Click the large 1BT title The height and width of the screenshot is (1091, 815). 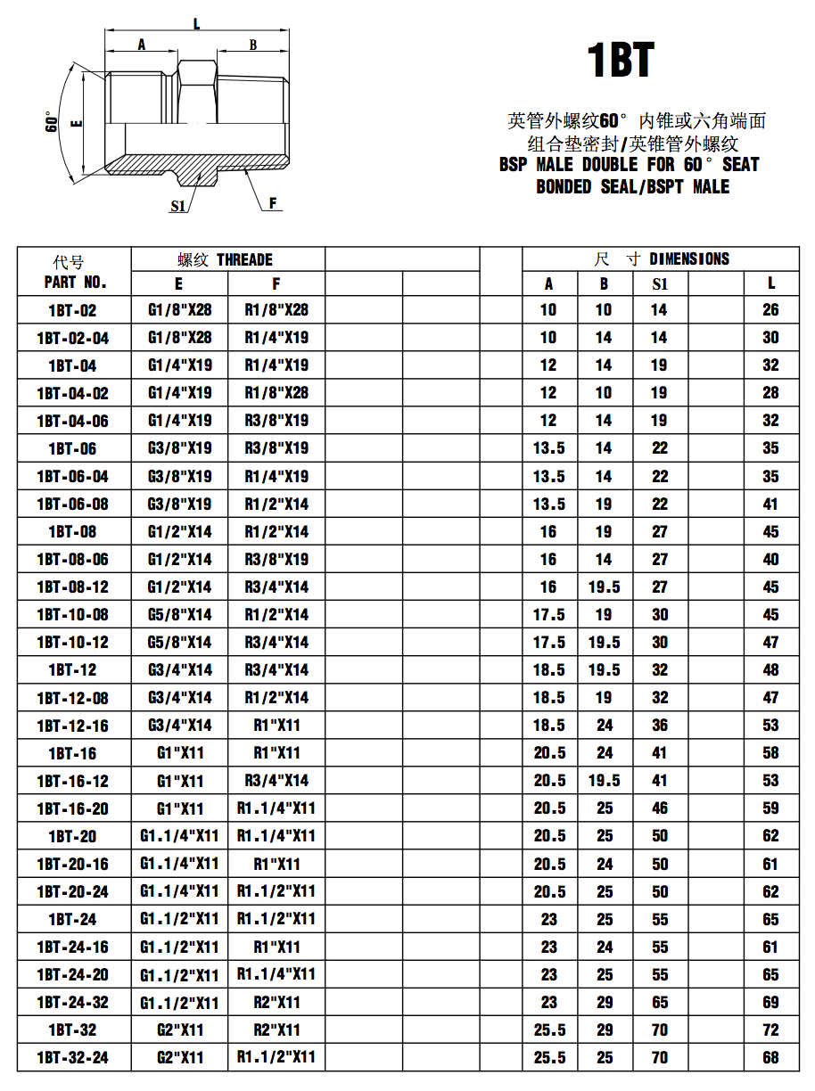tap(622, 61)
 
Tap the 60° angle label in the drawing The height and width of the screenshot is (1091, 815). tap(53, 123)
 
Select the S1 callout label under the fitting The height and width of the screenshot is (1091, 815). tap(178, 206)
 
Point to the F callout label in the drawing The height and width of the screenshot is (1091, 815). tap(275, 203)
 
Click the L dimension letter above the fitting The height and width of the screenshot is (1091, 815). tap(196, 24)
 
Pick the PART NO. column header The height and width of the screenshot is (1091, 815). tap(75, 283)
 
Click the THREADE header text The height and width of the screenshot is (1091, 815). tap(244, 259)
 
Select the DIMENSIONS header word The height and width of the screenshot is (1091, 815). tap(689, 259)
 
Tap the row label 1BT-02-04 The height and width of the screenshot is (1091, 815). tap(72, 338)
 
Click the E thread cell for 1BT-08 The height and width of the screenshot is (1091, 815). tap(179, 531)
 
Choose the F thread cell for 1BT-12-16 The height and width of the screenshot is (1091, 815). tap(276, 725)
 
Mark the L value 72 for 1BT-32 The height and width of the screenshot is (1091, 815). tap(770, 1029)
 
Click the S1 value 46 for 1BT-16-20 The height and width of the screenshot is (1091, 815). tap(660, 808)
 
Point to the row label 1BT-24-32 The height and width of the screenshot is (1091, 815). tap(72, 1002)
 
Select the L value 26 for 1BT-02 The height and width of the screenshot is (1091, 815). tap(770, 310)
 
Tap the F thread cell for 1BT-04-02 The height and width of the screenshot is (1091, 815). tap(276, 393)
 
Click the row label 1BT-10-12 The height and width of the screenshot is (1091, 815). tap(72, 642)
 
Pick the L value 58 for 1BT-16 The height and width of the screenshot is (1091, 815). tap(770, 753)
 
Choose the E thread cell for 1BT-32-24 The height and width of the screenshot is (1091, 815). tap(179, 1057)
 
